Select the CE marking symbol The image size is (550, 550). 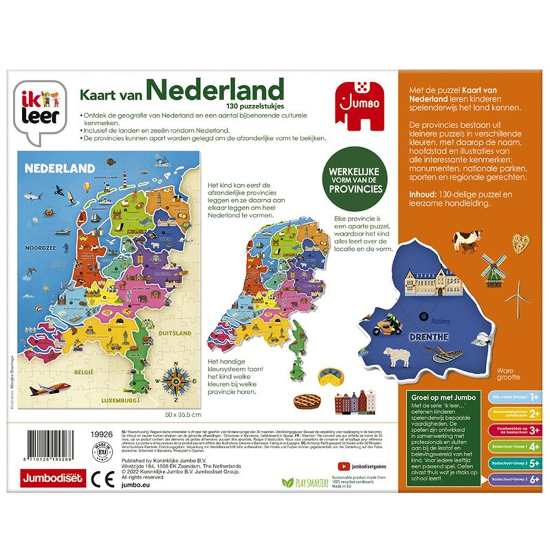click(103, 478)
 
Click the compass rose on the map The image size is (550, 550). click(176, 380)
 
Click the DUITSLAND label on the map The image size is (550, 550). click(175, 333)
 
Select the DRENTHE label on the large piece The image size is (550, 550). click(429, 337)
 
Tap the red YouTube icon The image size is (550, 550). click(343, 466)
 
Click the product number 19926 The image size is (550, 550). click(101, 434)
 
